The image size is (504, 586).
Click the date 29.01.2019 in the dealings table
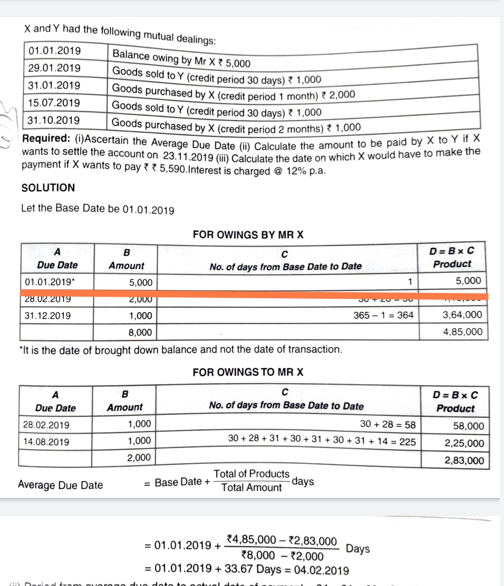pyautogui.click(x=54, y=68)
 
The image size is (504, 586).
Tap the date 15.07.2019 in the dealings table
pyautogui.click(x=54, y=102)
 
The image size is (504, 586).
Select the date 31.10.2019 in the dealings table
pyautogui.click(x=54, y=120)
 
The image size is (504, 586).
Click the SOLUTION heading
pyautogui.click(x=48, y=188)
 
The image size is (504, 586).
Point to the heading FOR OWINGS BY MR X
pyautogui.click(x=248, y=235)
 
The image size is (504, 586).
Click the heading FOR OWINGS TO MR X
pyautogui.click(x=248, y=372)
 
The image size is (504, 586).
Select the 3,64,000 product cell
pyautogui.click(x=462, y=315)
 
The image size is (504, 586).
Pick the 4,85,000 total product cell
pyautogui.click(x=462, y=331)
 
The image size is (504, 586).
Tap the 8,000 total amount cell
pyautogui.click(x=141, y=332)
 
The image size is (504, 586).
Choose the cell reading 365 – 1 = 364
pyautogui.click(x=384, y=315)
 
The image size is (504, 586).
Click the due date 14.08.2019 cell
pyautogui.click(x=46, y=442)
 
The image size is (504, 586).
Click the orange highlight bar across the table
pyautogui.click(x=253, y=296)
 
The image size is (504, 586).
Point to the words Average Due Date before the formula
pyautogui.click(x=60, y=485)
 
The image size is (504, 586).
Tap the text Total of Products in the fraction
pyautogui.click(x=251, y=474)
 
